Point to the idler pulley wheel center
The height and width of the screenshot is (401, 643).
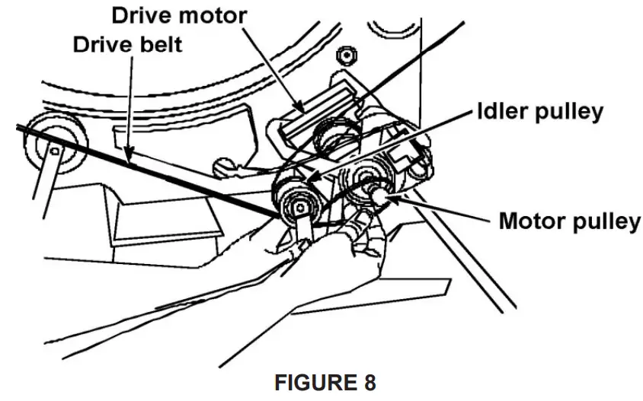(302, 206)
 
